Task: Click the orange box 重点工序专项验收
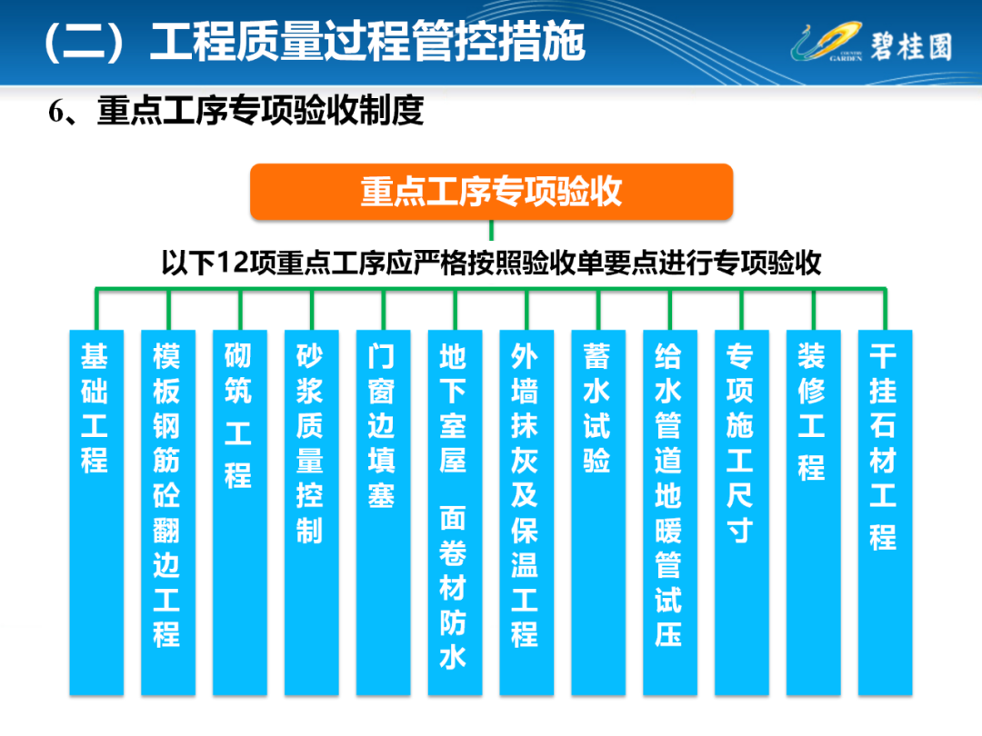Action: [491, 192]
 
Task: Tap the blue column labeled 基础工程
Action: [96, 512]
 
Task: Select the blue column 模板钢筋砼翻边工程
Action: [168, 512]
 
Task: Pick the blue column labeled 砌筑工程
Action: [240, 512]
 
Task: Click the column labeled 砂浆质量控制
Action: [311, 512]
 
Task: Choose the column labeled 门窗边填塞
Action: [384, 512]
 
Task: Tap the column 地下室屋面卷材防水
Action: [455, 512]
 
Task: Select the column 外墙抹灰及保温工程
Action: [526, 512]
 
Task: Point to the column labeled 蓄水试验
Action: [598, 512]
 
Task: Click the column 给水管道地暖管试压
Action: [670, 512]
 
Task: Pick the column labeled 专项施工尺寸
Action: [742, 512]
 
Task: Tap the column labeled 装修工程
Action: [814, 512]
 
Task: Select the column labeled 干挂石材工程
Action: [885, 512]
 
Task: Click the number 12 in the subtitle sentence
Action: [233, 263]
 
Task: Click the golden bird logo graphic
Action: [827, 41]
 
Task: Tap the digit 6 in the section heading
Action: [55, 112]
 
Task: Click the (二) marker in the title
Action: [84, 43]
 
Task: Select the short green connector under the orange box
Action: [491, 230]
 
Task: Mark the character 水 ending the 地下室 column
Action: [453, 658]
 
